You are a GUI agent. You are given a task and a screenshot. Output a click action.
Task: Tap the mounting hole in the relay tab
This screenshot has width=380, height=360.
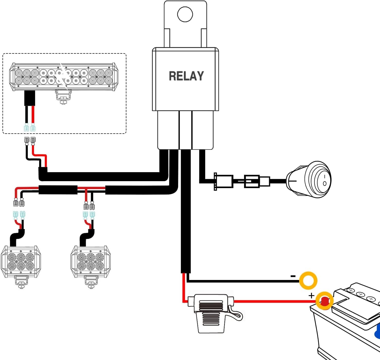185,14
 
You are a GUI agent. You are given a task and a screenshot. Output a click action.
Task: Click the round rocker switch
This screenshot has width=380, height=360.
309,179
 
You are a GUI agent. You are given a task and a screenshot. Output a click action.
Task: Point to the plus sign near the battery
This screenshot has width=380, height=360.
311,296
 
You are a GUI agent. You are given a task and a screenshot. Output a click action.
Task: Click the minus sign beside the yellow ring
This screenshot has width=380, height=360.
293,276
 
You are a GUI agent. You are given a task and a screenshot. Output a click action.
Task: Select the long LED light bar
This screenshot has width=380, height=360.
64,77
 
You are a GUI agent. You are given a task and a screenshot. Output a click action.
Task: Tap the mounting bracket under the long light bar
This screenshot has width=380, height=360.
63,97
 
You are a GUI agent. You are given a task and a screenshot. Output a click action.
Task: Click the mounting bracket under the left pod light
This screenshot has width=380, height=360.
21,282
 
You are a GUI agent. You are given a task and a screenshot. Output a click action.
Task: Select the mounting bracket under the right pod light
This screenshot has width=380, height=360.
91,282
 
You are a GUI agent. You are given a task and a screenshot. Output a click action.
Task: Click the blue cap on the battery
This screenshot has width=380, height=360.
377,331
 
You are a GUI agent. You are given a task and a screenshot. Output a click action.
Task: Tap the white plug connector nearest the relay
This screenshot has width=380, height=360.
223,181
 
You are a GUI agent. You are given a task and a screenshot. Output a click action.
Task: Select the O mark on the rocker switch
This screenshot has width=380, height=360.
325,183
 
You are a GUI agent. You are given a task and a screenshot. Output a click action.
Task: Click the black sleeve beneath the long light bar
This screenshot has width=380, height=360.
30,98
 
